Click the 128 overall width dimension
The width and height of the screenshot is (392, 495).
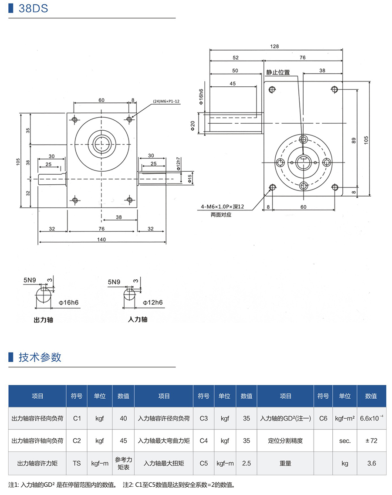click(x=274, y=46)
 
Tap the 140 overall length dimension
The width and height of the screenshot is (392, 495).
click(x=101, y=239)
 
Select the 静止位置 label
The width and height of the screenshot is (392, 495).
click(x=278, y=72)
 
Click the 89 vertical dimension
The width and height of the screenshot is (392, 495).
click(x=354, y=141)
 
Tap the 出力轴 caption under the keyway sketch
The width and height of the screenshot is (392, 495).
click(x=43, y=319)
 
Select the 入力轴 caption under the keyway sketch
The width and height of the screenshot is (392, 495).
click(x=138, y=319)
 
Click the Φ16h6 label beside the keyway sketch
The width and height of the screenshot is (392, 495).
click(x=68, y=302)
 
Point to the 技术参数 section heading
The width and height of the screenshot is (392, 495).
click(x=40, y=358)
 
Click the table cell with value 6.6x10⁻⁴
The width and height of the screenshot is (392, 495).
click(x=372, y=418)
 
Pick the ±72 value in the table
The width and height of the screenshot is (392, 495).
click(x=371, y=441)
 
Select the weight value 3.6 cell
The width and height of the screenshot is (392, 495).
click(x=371, y=463)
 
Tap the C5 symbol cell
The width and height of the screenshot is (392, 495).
click(x=203, y=463)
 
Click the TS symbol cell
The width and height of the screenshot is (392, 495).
click(x=77, y=463)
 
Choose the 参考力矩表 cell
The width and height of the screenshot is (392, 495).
click(x=123, y=463)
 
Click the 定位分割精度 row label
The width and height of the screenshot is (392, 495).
click(x=285, y=441)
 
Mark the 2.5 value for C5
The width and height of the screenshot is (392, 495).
click(x=246, y=463)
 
